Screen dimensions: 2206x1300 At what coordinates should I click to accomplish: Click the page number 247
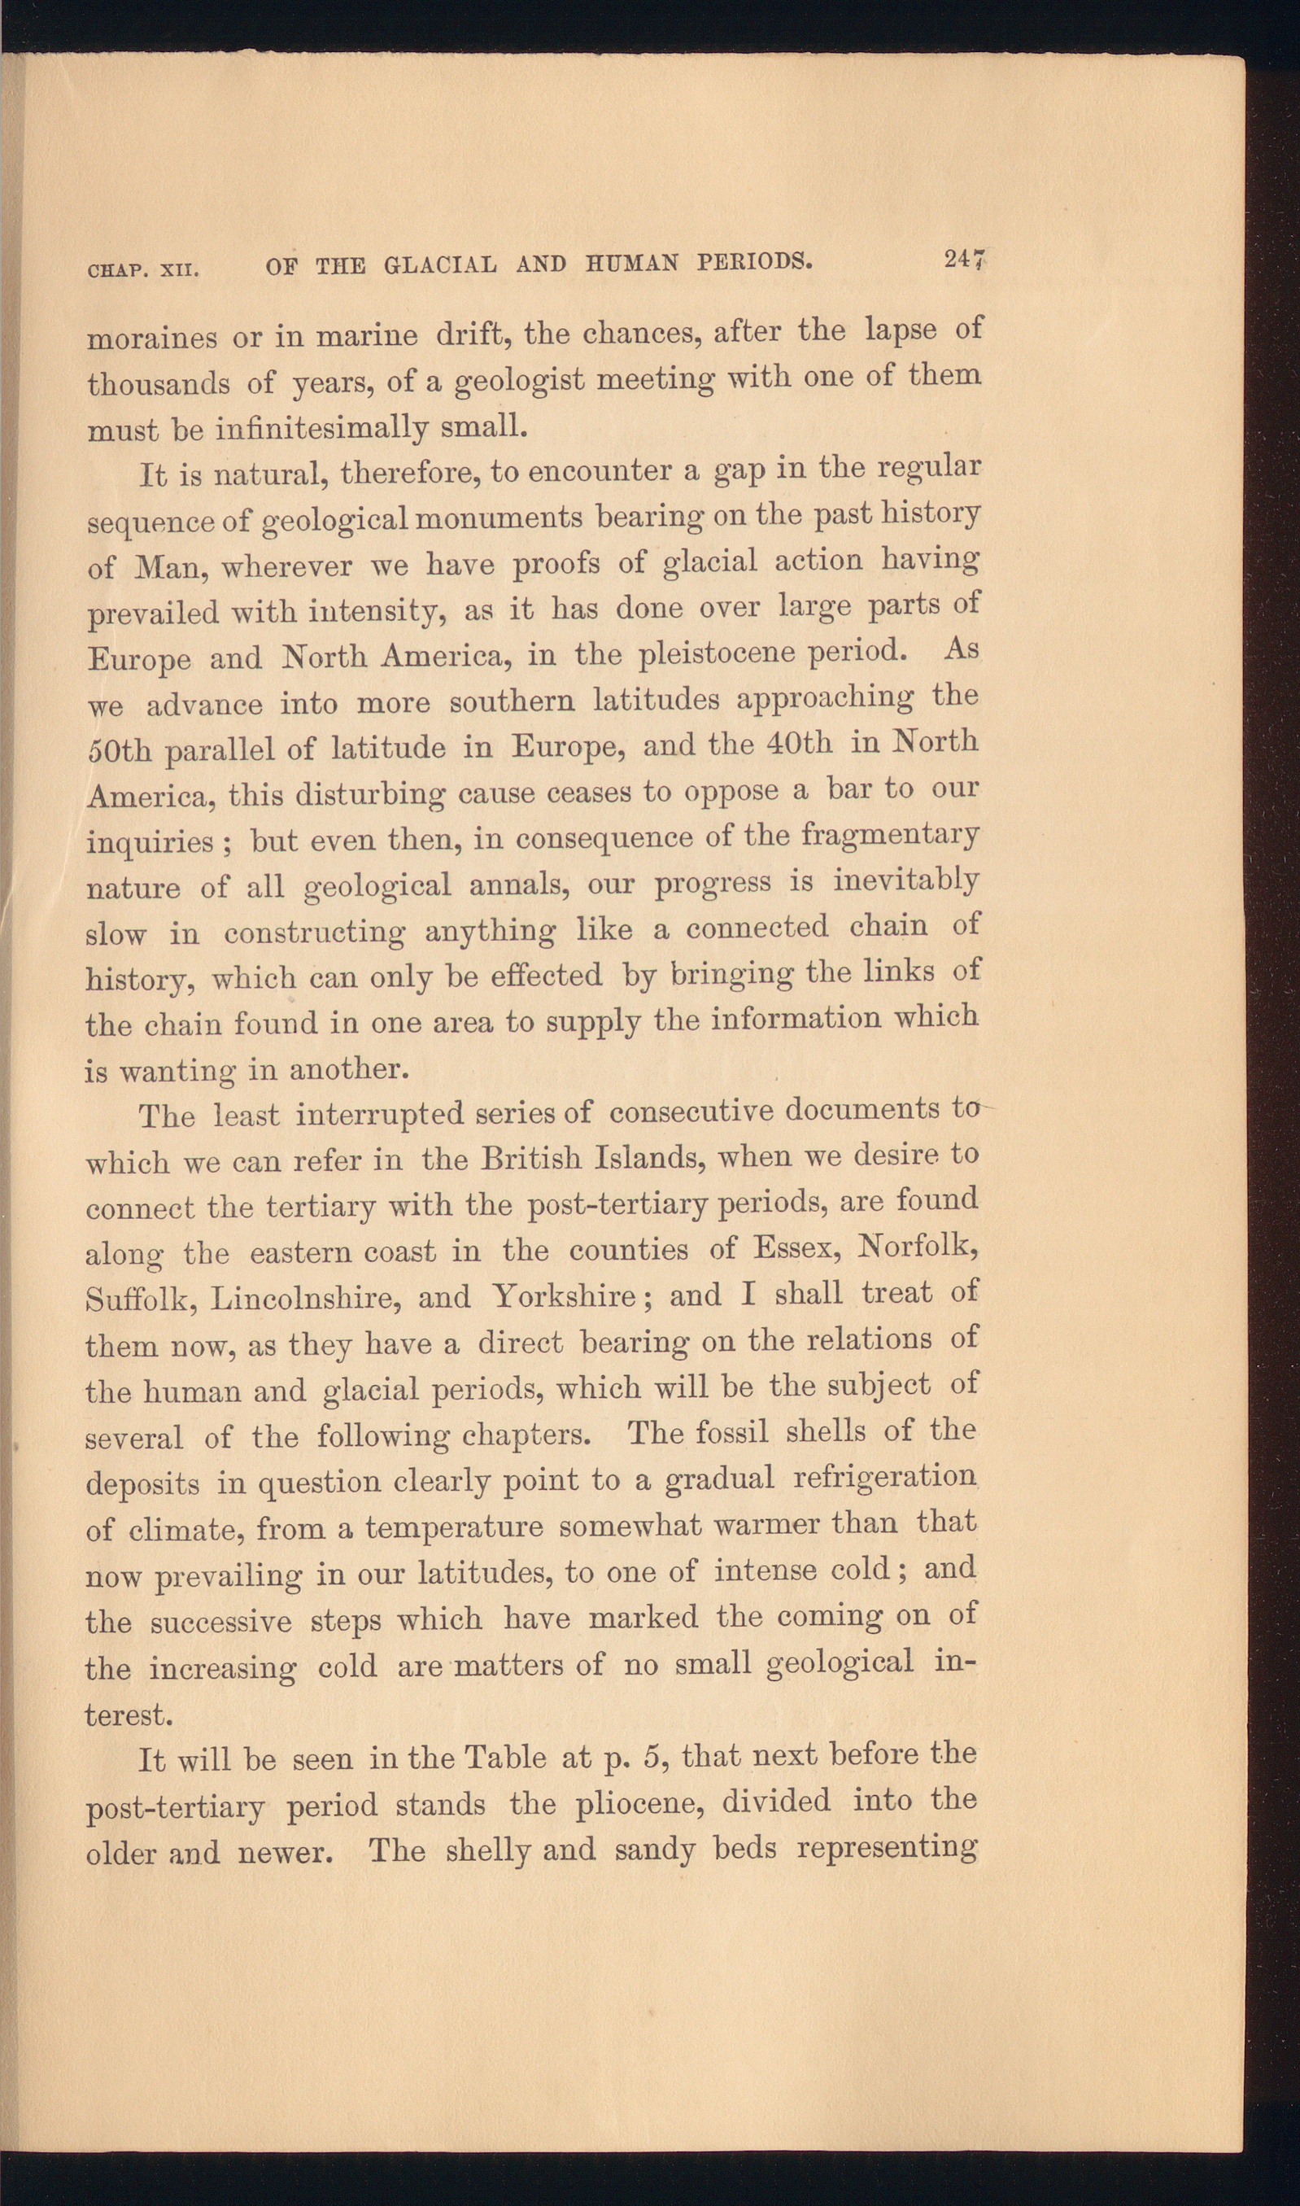[x=965, y=260]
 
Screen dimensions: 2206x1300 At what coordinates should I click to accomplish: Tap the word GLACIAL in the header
[x=440, y=264]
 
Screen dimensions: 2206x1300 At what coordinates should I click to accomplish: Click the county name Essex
[x=796, y=1247]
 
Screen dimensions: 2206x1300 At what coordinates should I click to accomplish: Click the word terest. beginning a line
[x=128, y=1715]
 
